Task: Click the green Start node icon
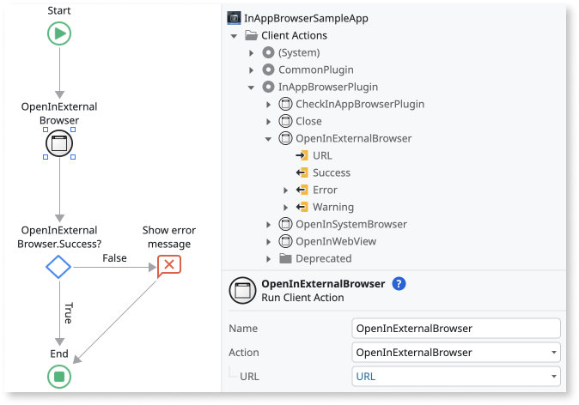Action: [x=59, y=33]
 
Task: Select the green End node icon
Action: [x=59, y=376]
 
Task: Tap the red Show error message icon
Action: [x=168, y=266]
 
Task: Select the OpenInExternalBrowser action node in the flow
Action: [x=59, y=143]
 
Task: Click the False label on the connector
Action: [x=114, y=258]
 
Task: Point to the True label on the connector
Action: [x=68, y=313]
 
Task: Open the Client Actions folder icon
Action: [x=252, y=35]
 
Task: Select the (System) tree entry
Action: [x=296, y=52]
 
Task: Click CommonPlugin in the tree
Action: [x=315, y=70]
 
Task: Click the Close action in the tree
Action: [x=308, y=121]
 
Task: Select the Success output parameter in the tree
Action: [x=331, y=172]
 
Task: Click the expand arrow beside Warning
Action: [x=286, y=207]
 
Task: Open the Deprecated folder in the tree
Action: [x=323, y=258]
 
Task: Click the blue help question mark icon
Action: [x=399, y=284]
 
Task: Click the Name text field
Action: [x=456, y=328]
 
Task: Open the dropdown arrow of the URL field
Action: [x=551, y=377]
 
